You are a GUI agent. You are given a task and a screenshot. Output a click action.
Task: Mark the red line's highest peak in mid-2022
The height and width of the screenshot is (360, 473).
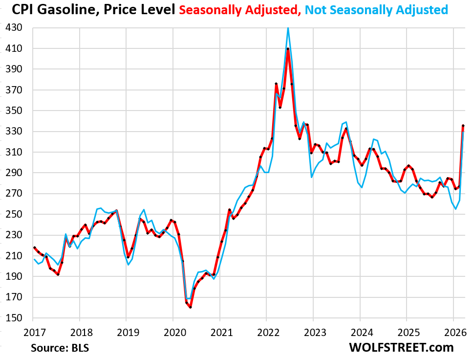click(x=288, y=48)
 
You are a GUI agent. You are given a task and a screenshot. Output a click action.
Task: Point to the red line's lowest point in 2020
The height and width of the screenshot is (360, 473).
click(x=191, y=307)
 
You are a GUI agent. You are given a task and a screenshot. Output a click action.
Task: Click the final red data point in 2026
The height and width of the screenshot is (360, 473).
click(x=463, y=126)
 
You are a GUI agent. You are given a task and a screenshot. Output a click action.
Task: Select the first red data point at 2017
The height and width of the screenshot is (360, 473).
click(x=34, y=247)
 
